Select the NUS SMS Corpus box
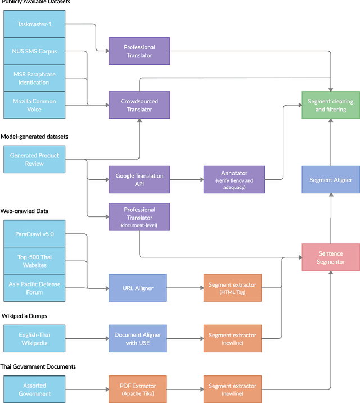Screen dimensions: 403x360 [34, 51]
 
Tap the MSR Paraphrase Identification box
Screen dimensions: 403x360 [34, 78]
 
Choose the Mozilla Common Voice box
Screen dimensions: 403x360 [34, 105]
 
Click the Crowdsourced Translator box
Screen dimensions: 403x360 [139, 105]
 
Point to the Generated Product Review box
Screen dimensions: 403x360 [34, 160]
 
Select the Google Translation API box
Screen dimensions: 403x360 [139, 180]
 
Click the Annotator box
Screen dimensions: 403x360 [233, 180]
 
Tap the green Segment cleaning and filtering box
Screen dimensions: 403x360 [330, 105]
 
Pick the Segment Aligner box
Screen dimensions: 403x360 [330, 180]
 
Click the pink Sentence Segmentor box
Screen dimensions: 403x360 [330, 258]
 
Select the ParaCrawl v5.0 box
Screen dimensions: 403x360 [34, 233]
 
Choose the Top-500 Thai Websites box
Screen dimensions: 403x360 [34, 260]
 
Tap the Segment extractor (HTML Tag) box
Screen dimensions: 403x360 [232, 288]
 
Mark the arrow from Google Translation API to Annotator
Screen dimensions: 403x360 [186, 180]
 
